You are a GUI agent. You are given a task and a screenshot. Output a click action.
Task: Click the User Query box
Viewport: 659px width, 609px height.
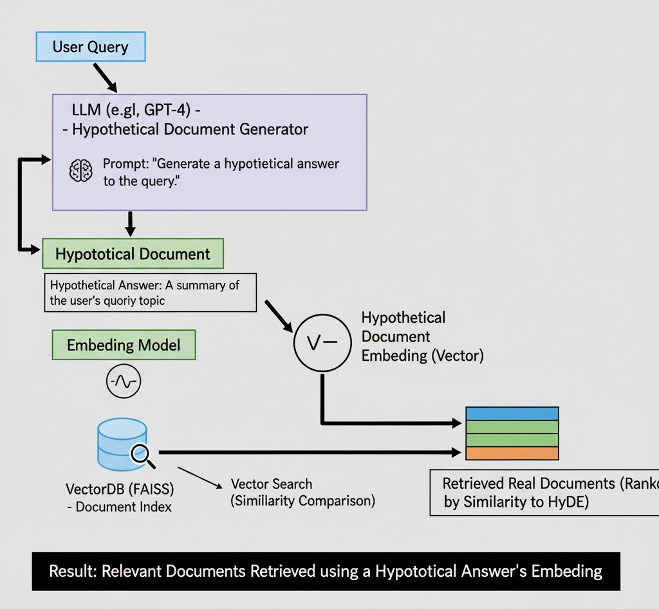(90, 47)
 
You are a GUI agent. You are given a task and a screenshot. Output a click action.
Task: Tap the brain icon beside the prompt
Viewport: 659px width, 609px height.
(80, 171)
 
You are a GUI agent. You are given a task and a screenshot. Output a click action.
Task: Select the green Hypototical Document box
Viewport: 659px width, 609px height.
(133, 254)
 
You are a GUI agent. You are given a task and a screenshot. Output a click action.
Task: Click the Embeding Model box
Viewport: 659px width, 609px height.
(124, 345)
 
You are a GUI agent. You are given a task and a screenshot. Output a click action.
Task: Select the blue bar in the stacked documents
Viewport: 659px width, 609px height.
(512, 414)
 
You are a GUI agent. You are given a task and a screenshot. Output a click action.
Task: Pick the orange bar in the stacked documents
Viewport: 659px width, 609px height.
(512, 453)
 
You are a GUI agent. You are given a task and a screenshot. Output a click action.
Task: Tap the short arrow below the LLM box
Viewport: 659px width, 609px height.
(131, 223)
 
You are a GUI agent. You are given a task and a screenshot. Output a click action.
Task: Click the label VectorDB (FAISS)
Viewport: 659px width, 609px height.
(120, 489)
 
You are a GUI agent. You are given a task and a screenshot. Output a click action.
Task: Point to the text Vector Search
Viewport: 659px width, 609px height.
(272, 484)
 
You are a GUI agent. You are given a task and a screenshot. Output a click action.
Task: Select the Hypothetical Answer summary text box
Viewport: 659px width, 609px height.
(150, 293)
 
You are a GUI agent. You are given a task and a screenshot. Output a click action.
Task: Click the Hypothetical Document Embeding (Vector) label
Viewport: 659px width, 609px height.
(421, 336)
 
